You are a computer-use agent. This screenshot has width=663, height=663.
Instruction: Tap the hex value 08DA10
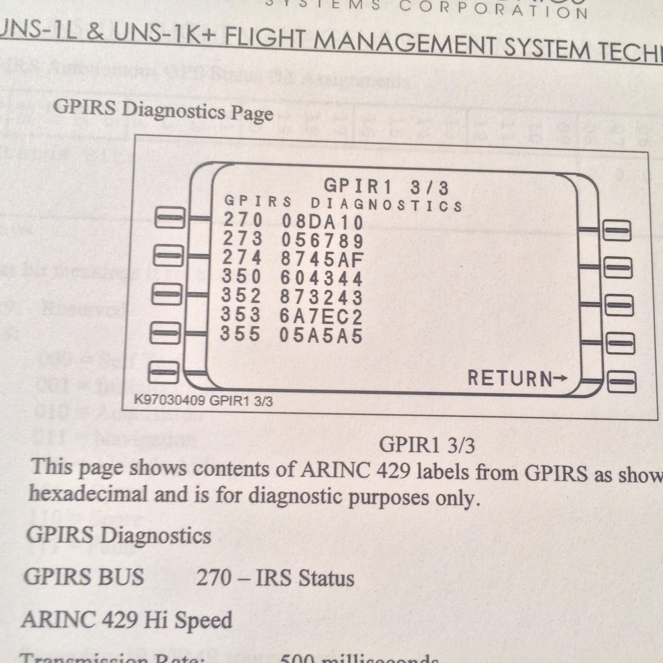click(322, 222)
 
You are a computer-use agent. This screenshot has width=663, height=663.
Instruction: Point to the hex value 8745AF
click(322, 259)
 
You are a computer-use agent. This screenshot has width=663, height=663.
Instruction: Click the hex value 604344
click(322, 278)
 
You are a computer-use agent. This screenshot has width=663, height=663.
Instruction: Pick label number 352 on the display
click(241, 296)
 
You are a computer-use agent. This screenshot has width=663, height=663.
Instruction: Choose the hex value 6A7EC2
click(321, 317)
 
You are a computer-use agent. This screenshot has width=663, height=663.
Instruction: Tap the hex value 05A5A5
click(321, 336)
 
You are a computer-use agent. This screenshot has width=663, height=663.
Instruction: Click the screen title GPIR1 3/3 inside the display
click(386, 187)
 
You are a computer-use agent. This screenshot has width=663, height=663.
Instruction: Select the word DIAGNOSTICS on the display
click(387, 205)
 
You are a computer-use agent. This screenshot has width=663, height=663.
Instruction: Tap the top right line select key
click(617, 231)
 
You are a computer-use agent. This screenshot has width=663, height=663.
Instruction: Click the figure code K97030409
click(170, 401)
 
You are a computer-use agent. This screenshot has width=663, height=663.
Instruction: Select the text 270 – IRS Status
click(275, 578)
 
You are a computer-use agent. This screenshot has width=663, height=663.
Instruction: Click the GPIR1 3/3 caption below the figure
click(427, 445)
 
